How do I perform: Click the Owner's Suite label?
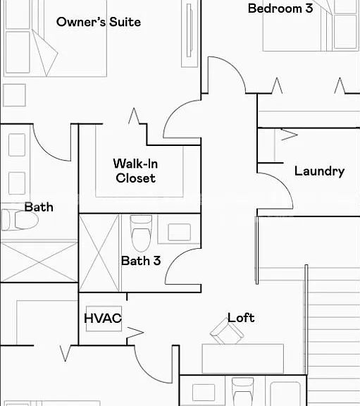(x=99, y=22)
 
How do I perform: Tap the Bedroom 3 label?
(x=280, y=8)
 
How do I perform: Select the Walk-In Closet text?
(x=135, y=171)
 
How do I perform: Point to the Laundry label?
(x=319, y=171)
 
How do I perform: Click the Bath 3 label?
(x=141, y=261)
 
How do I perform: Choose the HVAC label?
(x=103, y=318)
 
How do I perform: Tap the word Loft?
(x=241, y=318)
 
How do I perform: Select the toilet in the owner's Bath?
(x=20, y=220)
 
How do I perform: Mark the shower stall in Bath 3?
(x=99, y=253)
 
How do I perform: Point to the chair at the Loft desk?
(x=227, y=332)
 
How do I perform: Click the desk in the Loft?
(x=243, y=359)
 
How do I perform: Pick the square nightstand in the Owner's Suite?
(x=14, y=95)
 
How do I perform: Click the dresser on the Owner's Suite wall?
(x=190, y=34)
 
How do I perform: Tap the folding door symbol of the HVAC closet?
(x=135, y=333)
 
